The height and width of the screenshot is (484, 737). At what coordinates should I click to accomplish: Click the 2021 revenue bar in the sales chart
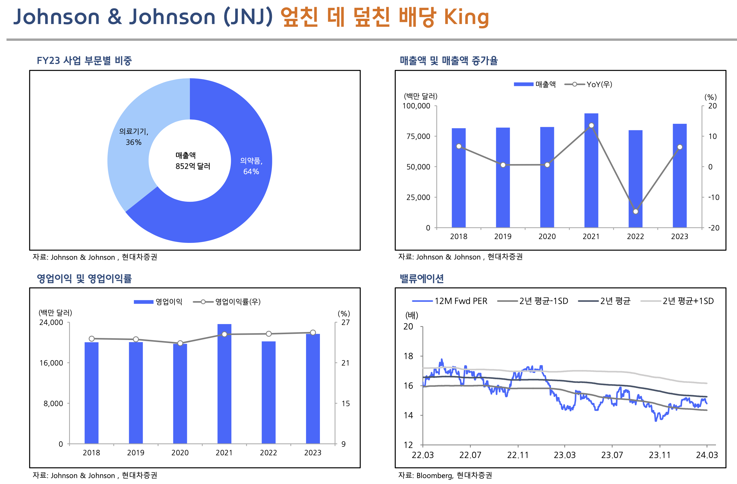(x=591, y=173)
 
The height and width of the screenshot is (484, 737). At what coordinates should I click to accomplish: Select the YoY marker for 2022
(x=635, y=211)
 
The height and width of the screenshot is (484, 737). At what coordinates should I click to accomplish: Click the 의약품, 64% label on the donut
(x=251, y=166)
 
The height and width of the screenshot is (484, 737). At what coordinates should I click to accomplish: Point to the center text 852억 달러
(x=193, y=166)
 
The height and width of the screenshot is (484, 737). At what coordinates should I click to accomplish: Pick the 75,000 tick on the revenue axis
(x=418, y=136)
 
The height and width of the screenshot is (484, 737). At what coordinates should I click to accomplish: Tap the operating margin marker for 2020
(x=180, y=343)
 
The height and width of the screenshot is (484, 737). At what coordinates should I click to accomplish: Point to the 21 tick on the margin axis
(x=345, y=363)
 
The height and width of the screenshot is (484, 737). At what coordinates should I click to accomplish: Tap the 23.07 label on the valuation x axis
(x=612, y=455)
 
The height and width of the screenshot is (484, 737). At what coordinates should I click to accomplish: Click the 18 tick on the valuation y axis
(x=408, y=356)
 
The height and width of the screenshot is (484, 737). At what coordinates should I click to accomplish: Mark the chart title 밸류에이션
(x=422, y=278)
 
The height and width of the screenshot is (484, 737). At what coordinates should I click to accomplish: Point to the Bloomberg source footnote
(x=445, y=475)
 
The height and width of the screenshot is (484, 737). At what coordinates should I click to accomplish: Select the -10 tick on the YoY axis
(x=714, y=197)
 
